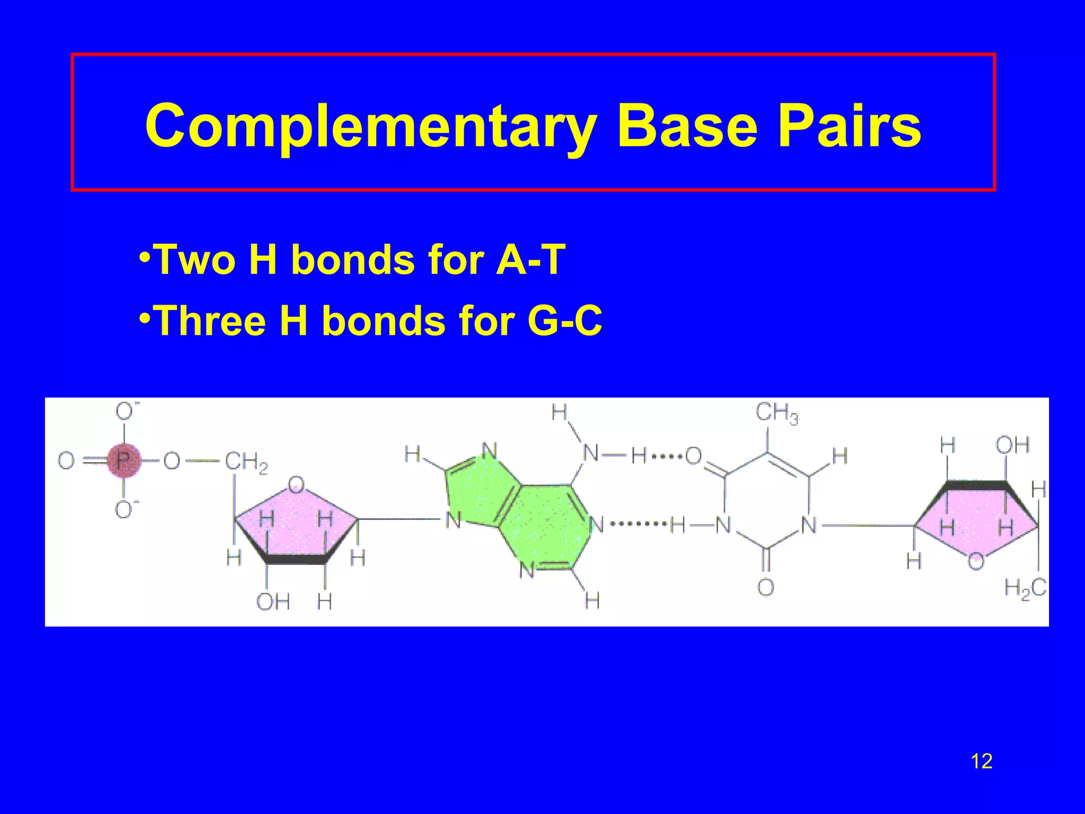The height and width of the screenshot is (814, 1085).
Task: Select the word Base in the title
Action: tap(687, 126)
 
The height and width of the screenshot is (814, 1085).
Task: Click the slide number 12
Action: tap(981, 762)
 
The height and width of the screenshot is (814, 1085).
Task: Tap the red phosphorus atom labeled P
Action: tap(123, 461)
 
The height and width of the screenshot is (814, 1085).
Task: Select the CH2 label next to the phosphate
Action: tap(246, 462)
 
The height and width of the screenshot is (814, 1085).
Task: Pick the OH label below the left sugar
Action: tap(273, 602)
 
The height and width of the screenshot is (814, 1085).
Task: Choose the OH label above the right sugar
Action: tap(1012, 445)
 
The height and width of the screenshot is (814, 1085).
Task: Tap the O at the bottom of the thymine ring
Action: tap(766, 587)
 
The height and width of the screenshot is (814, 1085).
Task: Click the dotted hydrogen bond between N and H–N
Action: tap(638, 524)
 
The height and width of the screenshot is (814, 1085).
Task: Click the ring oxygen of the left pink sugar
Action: tap(296, 484)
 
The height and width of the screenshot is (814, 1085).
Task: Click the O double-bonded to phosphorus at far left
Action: tap(66, 461)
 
